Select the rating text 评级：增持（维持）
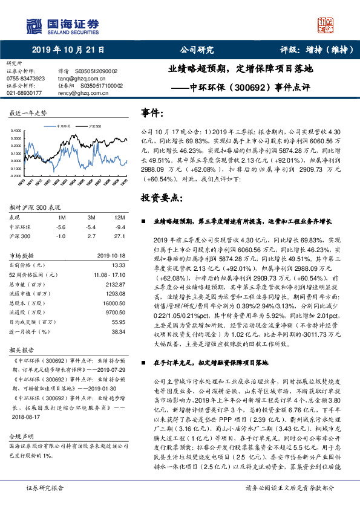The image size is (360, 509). click(x=315, y=50)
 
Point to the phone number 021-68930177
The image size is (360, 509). click(x=24, y=93)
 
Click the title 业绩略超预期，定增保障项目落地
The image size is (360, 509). click(x=240, y=69)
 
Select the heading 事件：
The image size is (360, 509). click(x=152, y=112)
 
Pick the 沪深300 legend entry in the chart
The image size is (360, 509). click(x=94, y=126)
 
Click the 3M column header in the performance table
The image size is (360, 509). click(x=92, y=216)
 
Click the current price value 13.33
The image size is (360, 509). click(x=119, y=265)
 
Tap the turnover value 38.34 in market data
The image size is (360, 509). click(x=119, y=332)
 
